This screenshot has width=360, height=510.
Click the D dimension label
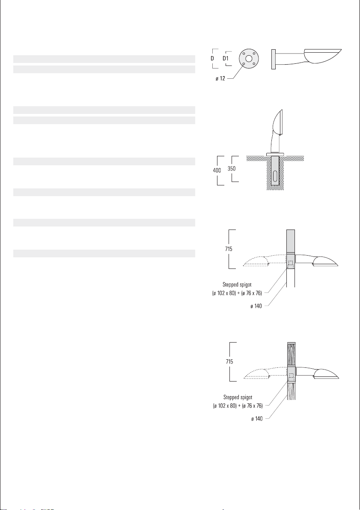pos(212,59)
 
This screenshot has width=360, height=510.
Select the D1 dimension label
pos(226,59)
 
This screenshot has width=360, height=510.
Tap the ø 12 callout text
pos(220,78)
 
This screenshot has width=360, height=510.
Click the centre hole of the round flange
pos(249,59)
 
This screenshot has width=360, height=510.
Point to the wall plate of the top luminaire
pos(274,59)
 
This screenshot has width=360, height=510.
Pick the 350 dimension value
pos(232,169)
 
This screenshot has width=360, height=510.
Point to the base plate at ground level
pos(275,154)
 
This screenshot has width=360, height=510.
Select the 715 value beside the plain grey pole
pos(229,249)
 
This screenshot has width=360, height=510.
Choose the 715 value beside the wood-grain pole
pos(229,361)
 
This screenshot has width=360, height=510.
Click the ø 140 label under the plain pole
pos(256,306)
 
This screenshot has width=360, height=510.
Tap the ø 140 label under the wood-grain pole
pos(256,419)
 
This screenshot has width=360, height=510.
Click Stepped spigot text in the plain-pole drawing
pos(237,285)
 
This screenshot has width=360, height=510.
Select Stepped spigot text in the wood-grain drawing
pos(238,397)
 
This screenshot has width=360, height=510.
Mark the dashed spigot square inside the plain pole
pos(291,264)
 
